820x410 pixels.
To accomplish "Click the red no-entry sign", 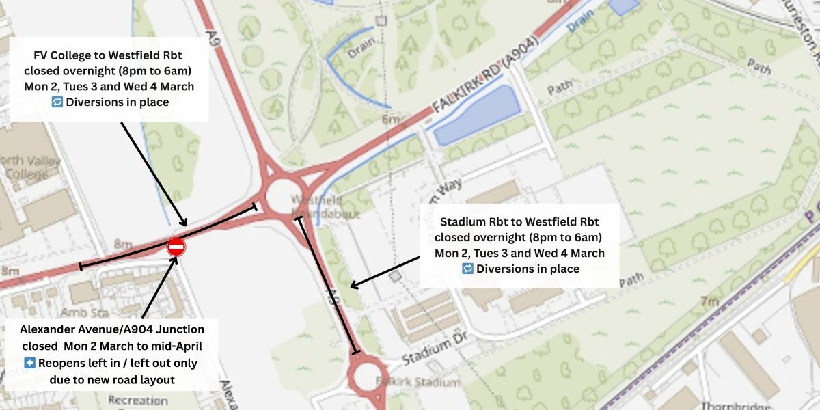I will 176,247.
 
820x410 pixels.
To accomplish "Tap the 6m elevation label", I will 390,120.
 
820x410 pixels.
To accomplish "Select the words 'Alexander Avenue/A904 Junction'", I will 112,330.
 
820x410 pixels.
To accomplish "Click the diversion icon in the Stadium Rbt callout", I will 467,269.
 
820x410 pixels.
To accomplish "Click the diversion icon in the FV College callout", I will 57,102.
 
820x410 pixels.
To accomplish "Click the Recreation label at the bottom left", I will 137,400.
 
